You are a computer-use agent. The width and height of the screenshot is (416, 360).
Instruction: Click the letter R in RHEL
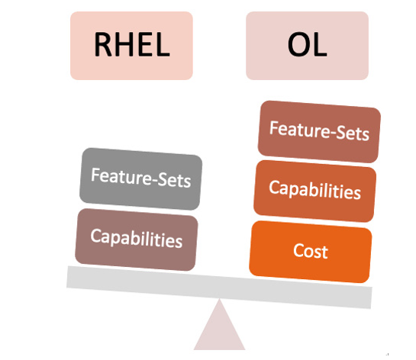tap(103, 44)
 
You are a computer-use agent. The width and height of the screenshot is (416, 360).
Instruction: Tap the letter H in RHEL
tap(124, 44)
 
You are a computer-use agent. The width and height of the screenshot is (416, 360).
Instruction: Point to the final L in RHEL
tap(163, 44)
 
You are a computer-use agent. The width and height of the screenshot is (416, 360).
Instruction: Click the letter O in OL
tap(298, 44)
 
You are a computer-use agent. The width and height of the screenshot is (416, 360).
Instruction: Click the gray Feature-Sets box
tap(140, 178)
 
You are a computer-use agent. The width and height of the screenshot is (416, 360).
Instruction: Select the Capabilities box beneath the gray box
tap(137, 239)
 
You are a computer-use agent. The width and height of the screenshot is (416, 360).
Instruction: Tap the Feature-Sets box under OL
tap(319, 131)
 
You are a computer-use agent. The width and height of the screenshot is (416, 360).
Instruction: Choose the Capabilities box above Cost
tap(315, 191)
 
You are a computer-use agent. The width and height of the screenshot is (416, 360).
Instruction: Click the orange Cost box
tap(311, 252)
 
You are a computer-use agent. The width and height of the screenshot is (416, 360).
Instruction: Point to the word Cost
tap(311, 251)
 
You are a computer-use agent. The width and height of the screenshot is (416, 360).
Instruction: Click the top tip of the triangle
tap(219, 299)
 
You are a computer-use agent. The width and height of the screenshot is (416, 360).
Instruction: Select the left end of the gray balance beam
tap(67, 277)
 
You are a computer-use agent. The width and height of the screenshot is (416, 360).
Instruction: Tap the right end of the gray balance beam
tap(372, 298)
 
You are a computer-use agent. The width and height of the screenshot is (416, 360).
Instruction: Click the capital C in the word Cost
tap(298, 250)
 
